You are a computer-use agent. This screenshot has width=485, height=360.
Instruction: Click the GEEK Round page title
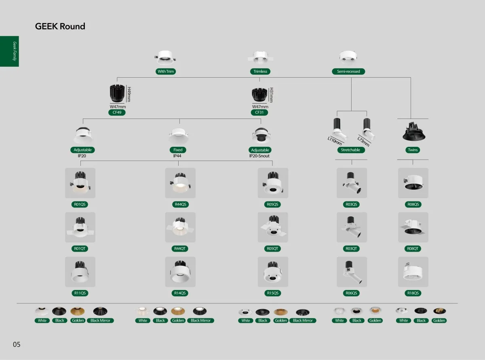point(60,26)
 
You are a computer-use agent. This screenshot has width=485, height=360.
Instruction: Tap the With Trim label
point(166,72)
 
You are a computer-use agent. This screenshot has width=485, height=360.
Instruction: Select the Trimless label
point(260,72)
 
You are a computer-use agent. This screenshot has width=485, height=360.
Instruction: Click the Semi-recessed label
point(348,72)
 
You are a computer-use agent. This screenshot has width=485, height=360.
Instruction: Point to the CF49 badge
point(117,112)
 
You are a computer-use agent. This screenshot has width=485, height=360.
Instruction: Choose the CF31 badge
point(259,112)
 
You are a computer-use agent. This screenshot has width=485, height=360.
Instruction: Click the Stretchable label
point(351,150)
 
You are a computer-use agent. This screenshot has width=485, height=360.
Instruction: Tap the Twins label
point(413,150)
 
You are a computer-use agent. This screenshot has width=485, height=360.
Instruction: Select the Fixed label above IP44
point(178,150)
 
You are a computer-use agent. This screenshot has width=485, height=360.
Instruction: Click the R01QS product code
point(80,205)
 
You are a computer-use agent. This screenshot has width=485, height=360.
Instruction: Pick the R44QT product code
point(180,249)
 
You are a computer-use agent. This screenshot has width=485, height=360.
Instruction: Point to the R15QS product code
point(273,293)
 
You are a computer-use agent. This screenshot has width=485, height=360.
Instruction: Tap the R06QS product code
point(352,293)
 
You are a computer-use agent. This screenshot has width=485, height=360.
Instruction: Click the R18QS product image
point(413,272)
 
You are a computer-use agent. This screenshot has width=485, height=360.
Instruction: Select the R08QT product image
point(413,227)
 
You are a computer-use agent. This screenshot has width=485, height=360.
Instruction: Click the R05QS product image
point(273,183)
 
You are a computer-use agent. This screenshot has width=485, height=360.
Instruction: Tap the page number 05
point(17,345)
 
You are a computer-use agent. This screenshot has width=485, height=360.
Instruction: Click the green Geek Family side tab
point(9,51)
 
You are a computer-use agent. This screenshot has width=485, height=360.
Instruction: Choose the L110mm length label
point(335,141)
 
